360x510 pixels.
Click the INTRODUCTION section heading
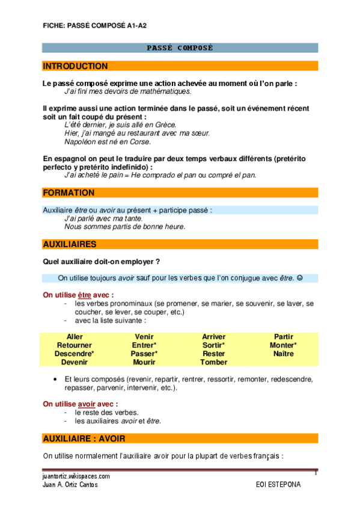click(76, 66)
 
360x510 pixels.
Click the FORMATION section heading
click(69, 192)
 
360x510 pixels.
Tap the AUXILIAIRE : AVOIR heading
click(86, 438)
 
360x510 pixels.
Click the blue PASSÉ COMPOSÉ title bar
click(180, 48)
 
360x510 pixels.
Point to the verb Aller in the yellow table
click(75, 337)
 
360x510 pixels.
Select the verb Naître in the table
click(283, 354)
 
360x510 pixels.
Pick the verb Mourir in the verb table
click(144, 362)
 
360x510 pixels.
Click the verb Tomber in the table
click(214, 362)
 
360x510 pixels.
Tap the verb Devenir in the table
click(75, 362)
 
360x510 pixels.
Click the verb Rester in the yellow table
click(214, 354)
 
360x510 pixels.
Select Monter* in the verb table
click(283, 345)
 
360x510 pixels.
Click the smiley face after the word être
click(300, 278)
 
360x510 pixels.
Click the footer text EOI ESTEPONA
click(278, 484)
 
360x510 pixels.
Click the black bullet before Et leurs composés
click(55, 379)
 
